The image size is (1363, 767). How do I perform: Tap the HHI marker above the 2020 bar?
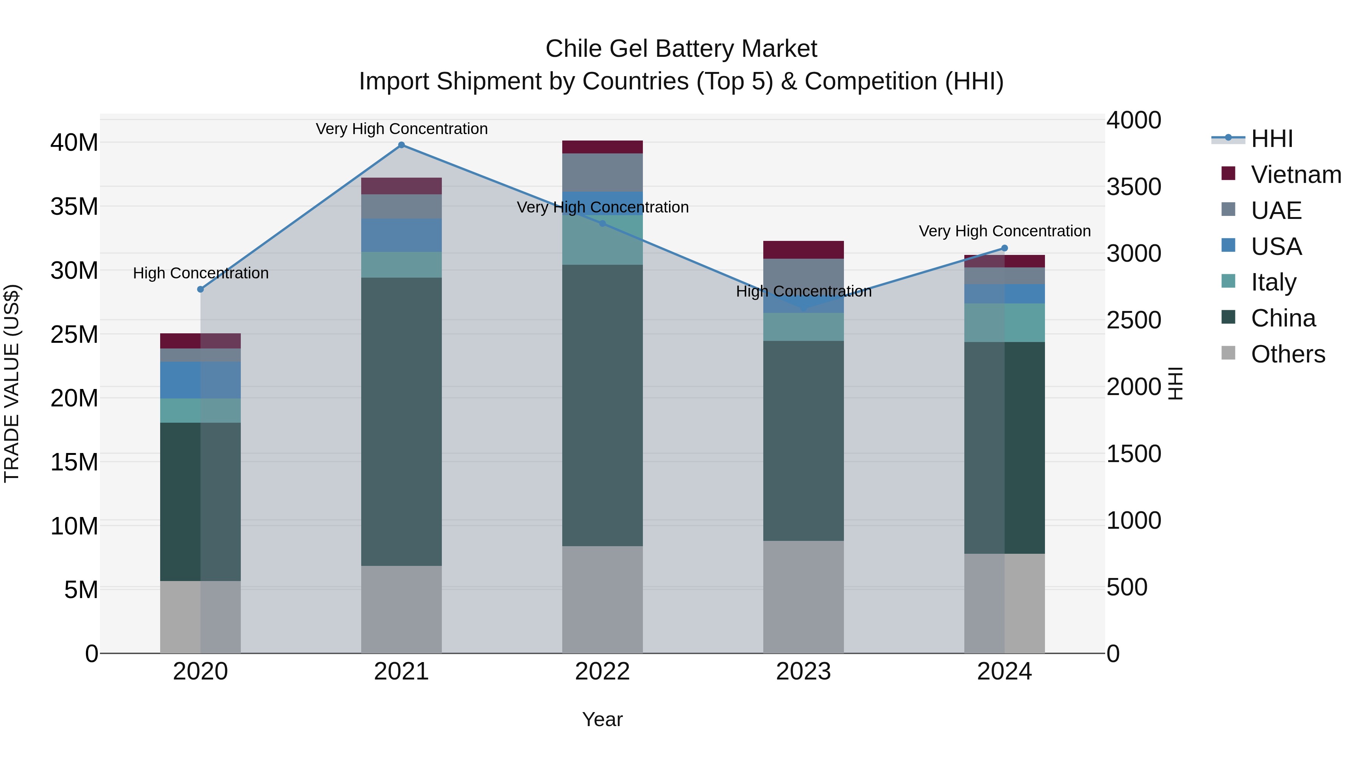tap(201, 289)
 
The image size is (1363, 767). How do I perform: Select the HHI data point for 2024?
tap(1004, 248)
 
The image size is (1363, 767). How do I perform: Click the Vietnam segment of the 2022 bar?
tap(602, 147)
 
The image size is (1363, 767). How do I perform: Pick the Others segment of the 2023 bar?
tap(803, 597)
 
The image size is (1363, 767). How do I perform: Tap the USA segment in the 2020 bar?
tap(201, 380)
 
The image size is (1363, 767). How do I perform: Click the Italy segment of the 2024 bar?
tap(1004, 322)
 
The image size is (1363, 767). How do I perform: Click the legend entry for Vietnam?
tap(1295, 175)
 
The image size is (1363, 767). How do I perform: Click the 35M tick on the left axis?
tap(74, 206)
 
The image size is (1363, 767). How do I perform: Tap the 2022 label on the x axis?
tap(602, 672)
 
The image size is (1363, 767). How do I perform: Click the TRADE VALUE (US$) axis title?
tap(12, 383)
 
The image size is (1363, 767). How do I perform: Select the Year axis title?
tap(602, 719)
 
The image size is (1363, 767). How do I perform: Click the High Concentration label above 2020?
tap(201, 273)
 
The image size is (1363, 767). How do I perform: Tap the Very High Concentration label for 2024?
tap(1004, 231)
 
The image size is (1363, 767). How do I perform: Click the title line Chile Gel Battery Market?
tap(681, 49)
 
